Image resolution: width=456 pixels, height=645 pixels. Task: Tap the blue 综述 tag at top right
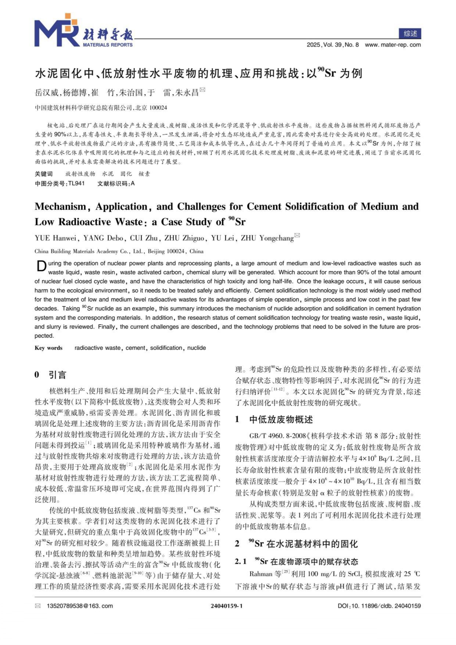tap(410, 33)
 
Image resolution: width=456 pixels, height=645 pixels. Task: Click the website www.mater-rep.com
tap(393, 45)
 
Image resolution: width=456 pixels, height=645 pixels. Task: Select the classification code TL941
tap(76, 183)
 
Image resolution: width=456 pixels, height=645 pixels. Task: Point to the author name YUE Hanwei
tap(55, 238)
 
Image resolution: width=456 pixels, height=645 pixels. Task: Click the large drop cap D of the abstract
tap(41, 266)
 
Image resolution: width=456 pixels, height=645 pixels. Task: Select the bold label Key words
tap(49, 348)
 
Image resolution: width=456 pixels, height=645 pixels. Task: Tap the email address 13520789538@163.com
tap(80, 606)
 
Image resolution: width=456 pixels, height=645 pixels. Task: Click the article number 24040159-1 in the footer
tap(227, 606)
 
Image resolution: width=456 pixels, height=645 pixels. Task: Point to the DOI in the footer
tap(379, 606)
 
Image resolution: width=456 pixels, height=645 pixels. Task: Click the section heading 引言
tap(57, 375)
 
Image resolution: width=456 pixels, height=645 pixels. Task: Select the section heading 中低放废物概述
tap(281, 419)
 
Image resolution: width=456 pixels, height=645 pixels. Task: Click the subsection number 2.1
tap(241, 562)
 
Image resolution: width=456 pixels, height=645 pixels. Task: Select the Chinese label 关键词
tap(44, 174)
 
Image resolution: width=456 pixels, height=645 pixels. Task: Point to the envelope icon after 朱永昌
tap(202, 90)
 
